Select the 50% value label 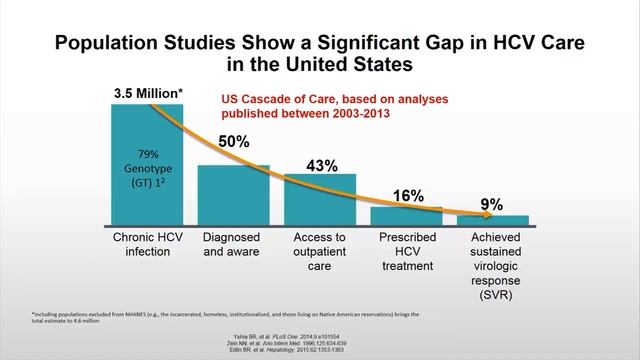pos(233,142)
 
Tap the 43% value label pos(321,165)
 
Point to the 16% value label pos(407,196)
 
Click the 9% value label pos(492,205)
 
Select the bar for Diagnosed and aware pos(233,194)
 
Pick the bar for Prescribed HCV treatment pos(407,215)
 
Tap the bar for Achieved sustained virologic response pos(493,219)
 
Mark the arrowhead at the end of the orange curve pos(471,212)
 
